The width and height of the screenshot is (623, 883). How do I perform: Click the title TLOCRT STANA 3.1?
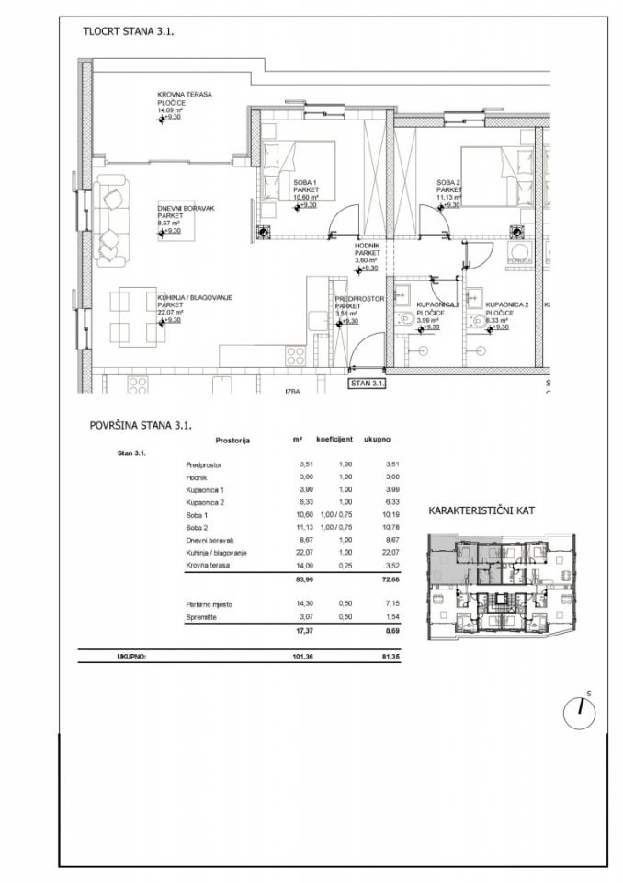pos(129,30)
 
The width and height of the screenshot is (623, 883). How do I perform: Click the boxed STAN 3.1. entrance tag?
pos(366,383)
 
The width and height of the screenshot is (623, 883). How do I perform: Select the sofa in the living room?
pos(111,218)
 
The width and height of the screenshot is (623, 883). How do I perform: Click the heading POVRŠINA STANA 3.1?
pos(140,425)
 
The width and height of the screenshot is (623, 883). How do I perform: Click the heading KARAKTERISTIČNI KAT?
pos(482,510)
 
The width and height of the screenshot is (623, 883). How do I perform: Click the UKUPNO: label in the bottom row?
pos(130,657)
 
